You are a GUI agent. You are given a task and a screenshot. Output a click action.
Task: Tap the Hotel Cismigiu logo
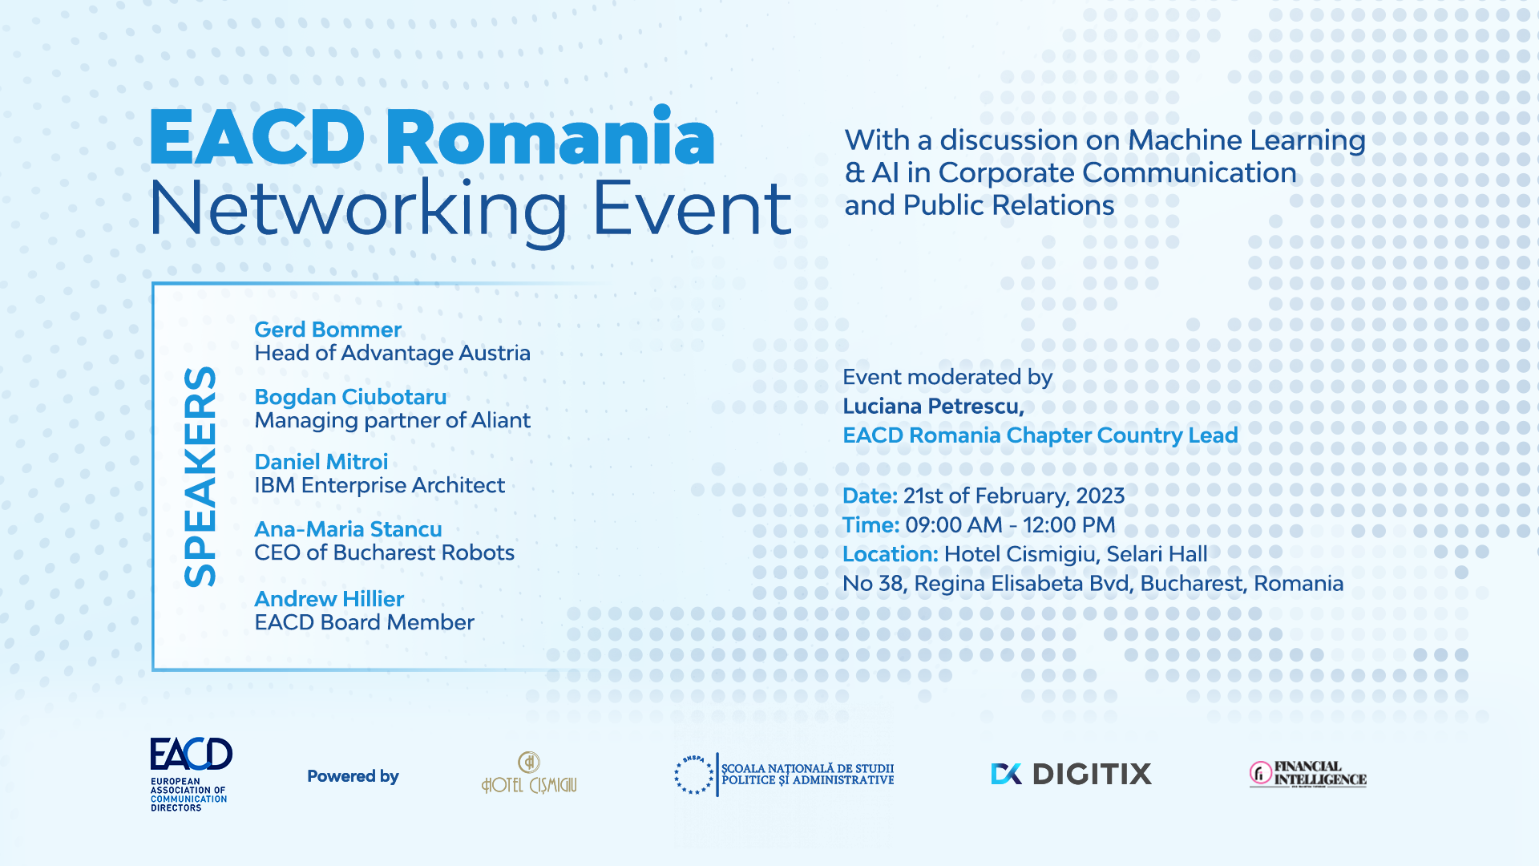pyautogui.click(x=529, y=773)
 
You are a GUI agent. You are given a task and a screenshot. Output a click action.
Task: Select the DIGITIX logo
pyautogui.click(x=1071, y=774)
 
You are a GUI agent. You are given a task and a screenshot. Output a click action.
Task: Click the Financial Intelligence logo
pyautogui.click(x=1307, y=774)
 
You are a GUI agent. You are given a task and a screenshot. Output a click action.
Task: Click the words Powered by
pyautogui.click(x=353, y=776)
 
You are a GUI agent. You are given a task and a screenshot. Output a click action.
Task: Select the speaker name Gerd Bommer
pyautogui.click(x=328, y=330)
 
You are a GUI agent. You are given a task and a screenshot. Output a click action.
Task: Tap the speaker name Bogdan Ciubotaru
pyautogui.click(x=350, y=397)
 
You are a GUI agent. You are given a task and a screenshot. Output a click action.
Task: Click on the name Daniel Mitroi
pyautogui.click(x=321, y=462)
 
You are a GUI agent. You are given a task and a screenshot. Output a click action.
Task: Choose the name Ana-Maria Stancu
pyautogui.click(x=348, y=529)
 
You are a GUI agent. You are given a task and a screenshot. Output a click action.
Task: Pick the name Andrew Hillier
pyautogui.click(x=329, y=599)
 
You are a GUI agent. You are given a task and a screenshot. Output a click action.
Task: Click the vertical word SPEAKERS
pyautogui.click(x=200, y=477)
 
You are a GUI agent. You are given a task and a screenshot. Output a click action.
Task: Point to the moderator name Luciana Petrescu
pyautogui.click(x=933, y=407)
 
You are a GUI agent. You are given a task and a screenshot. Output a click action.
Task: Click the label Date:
pyautogui.click(x=870, y=496)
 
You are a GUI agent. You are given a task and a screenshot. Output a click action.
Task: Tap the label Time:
pyautogui.click(x=870, y=525)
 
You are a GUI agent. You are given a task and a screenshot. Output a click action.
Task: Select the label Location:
pyautogui.click(x=890, y=554)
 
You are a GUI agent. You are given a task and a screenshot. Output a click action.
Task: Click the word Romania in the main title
pyautogui.click(x=551, y=138)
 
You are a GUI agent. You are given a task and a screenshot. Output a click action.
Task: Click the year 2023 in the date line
pyautogui.click(x=1101, y=496)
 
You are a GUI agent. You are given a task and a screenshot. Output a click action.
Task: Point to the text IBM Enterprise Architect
pyautogui.click(x=380, y=486)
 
